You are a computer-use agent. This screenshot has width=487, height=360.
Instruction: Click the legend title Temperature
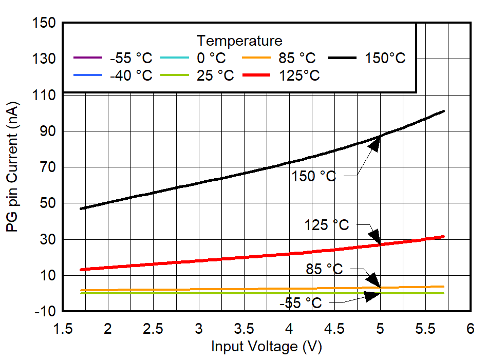[239, 41]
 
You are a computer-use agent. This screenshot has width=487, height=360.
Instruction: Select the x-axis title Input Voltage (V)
[266, 347]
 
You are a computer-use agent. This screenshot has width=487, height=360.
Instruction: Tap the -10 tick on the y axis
[43, 312]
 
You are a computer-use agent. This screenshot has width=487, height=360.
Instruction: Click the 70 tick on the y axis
[47, 167]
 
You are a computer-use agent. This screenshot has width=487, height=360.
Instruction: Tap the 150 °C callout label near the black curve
[313, 176]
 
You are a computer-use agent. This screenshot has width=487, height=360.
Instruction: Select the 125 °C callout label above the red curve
[326, 225]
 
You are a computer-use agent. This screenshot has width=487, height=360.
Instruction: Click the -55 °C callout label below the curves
[301, 303]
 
